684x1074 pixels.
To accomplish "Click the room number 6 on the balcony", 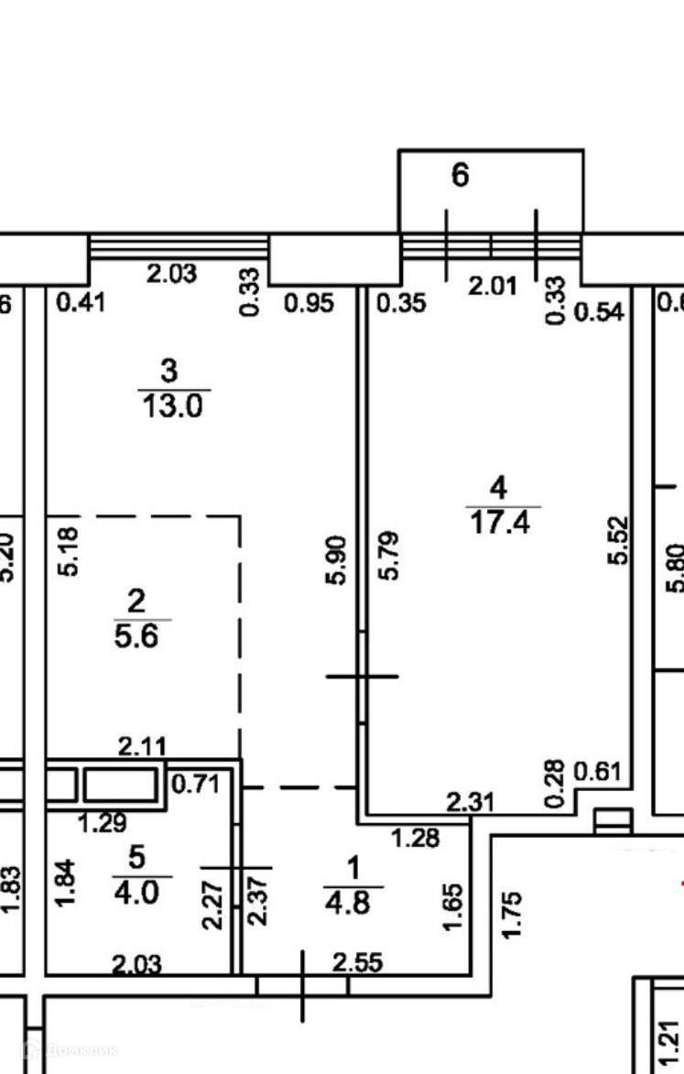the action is (460, 174).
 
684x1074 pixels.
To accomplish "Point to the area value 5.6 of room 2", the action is (136, 635).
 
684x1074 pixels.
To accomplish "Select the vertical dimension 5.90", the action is (339, 560).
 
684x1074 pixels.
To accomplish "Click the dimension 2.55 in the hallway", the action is (357, 962).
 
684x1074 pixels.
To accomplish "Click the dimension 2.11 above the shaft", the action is (143, 747).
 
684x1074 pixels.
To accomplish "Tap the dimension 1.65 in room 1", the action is (452, 906).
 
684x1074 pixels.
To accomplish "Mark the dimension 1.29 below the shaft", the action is (102, 823).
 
